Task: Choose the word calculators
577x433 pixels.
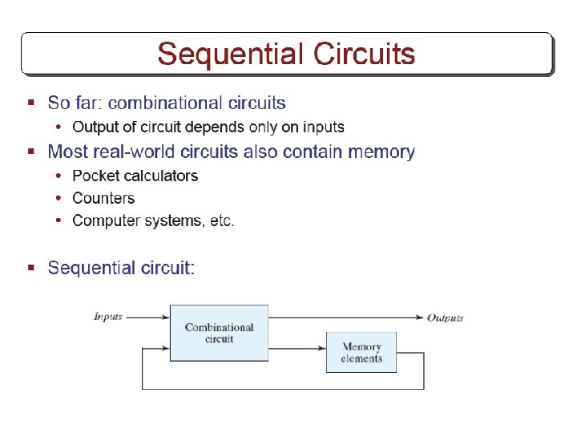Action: [160, 176]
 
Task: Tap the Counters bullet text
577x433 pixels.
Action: [103, 198]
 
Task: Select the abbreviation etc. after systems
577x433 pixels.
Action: [222, 221]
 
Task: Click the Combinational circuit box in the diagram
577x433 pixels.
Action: [219, 333]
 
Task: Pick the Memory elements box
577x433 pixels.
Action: [361, 352]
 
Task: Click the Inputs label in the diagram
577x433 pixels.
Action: [108, 316]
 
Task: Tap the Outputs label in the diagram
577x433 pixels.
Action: [445, 318]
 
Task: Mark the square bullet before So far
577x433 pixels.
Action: [30, 103]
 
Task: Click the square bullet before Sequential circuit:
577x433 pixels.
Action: [30, 267]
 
